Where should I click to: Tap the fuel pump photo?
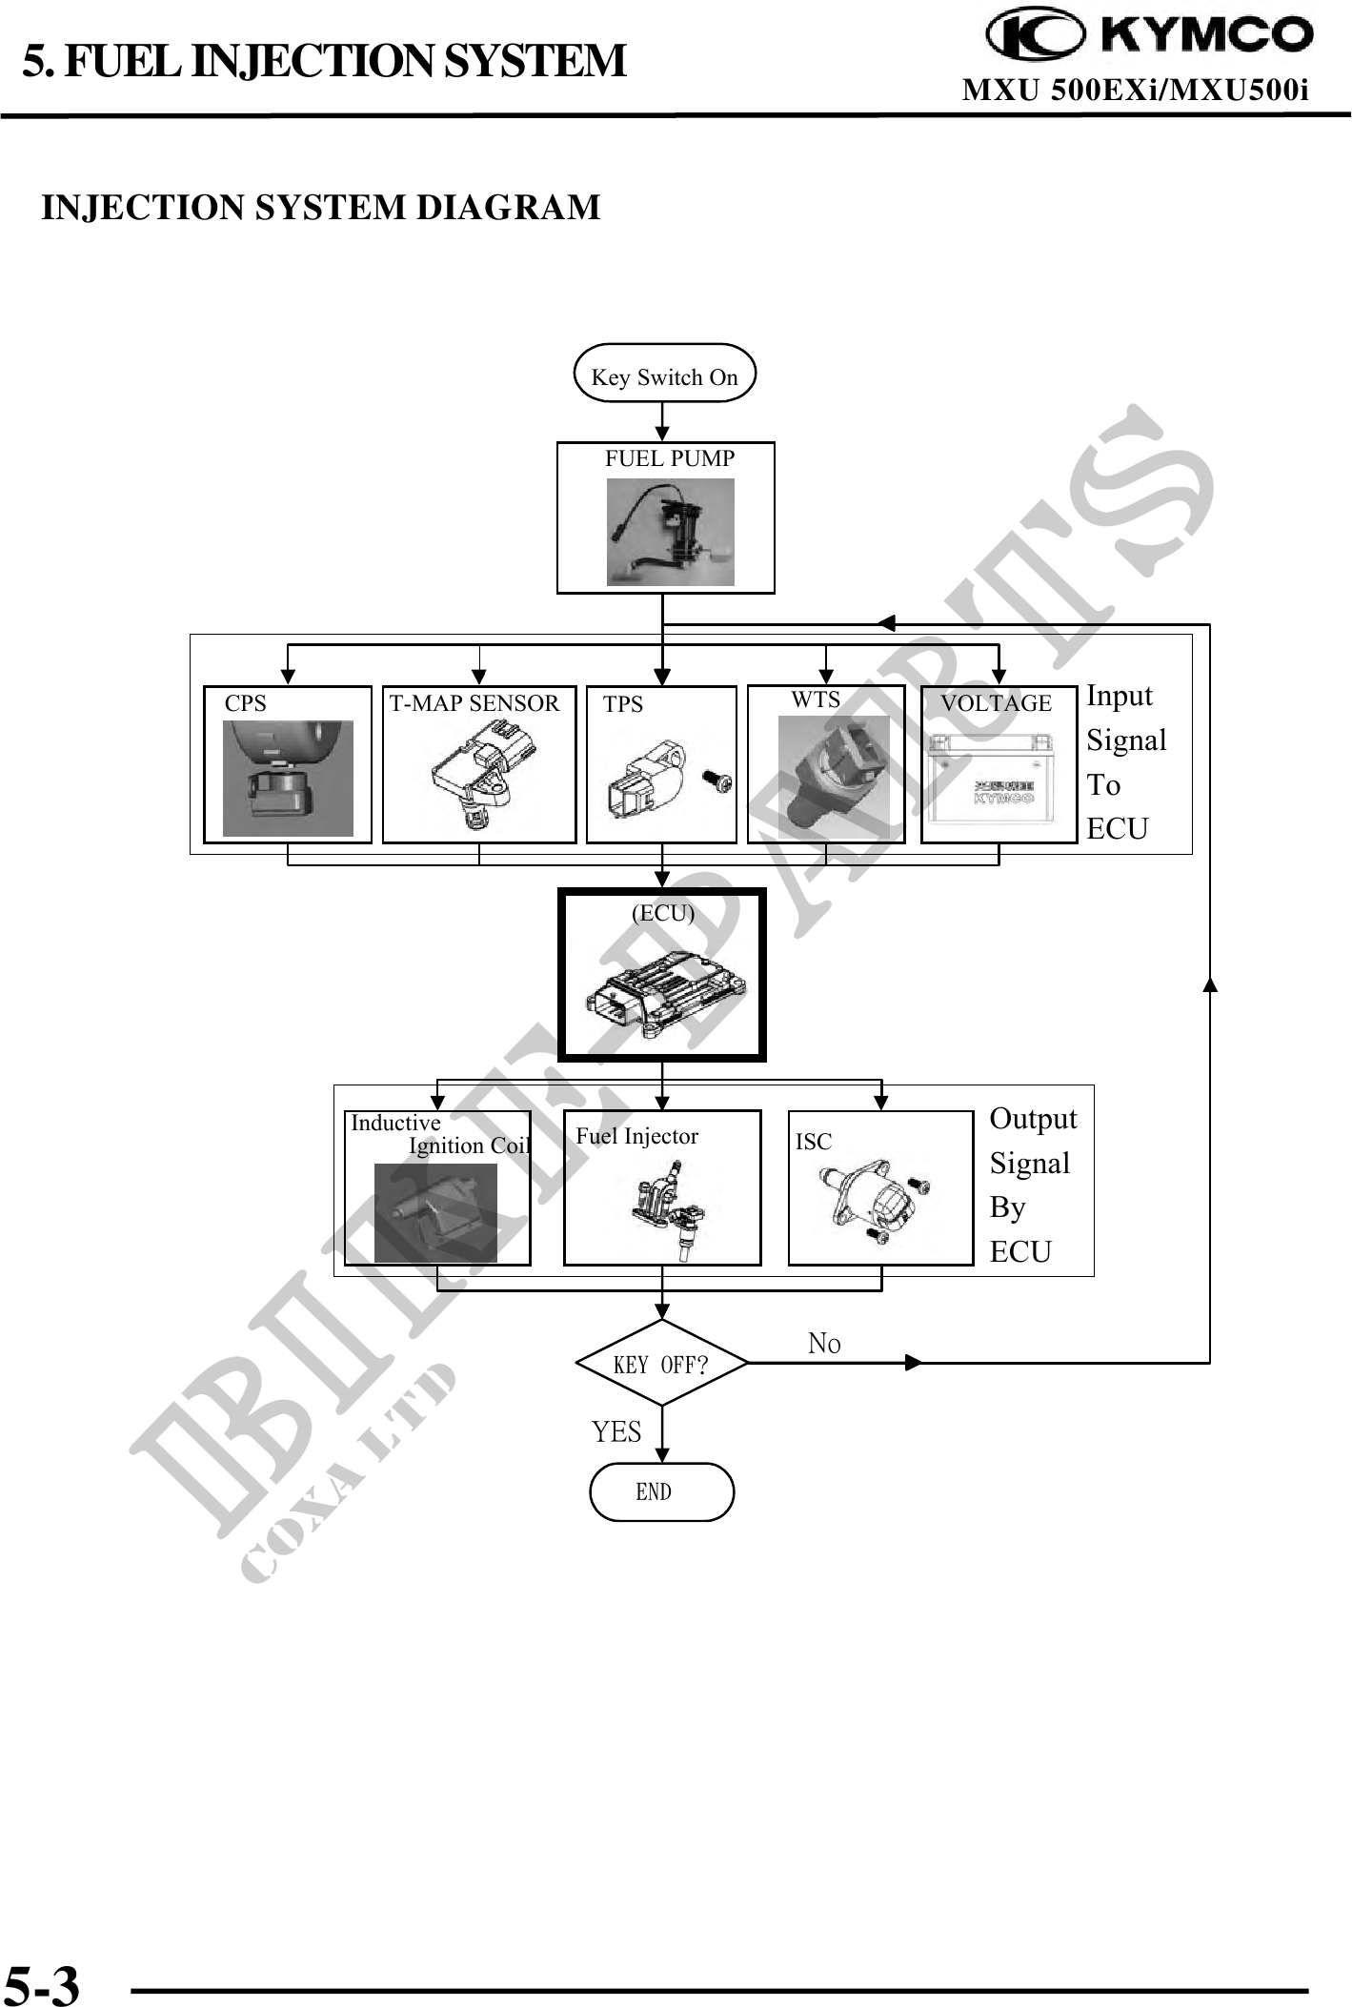coord(670,532)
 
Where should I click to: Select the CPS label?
coord(245,704)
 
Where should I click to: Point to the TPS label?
coord(623,705)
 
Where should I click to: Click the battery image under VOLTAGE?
coord(991,780)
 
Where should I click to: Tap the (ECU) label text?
coord(663,913)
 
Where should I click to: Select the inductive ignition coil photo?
coord(435,1212)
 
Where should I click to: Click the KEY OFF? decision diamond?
coord(661,1364)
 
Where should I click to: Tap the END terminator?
coord(661,1492)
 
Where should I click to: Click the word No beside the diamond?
coord(824,1344)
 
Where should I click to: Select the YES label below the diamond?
coord(616,1432)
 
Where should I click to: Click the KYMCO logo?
coord(1149,35)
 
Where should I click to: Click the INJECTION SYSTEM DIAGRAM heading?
coord(321,208)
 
